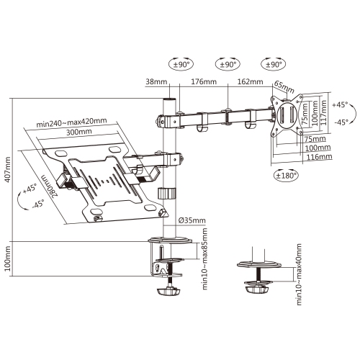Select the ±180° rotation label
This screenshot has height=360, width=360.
[x=287, y=174]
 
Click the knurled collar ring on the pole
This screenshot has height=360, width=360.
[x=167, y=195]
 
